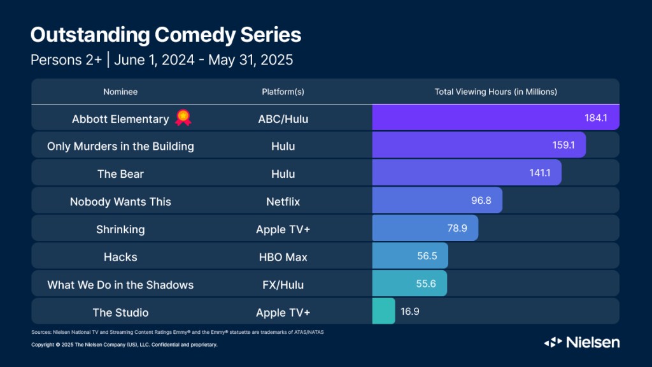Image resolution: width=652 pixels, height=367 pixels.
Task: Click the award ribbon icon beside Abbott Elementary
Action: pyautogui.click(x=183, y=118)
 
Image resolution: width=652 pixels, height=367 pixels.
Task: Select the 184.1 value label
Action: pyautogui.click(x=597, y=119)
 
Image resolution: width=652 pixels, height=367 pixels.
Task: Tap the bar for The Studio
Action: pyautogui.click(x=383, y=312)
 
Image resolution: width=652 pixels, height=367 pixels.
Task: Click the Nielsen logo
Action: pyautogui.click(x=581, y=342)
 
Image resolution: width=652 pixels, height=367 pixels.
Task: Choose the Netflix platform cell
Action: pyautogui.click(x=283, y=201)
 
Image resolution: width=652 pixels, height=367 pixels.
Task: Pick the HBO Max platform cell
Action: pyautogui.click(x=283, y=257)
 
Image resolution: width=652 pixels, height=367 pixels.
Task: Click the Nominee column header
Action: pyautogui.click(x=120, y=92)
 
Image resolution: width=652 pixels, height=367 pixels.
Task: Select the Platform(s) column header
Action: pyautogui.click(x=283, y=92)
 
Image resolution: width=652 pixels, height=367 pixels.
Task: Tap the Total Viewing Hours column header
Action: pyautogui.click(x=495, y=92)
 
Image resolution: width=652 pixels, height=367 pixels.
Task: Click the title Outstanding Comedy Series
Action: pyautogui.click(x=166, y=35)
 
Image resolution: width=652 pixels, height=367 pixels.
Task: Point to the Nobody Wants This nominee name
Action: pyautogui.click(x=120, y=201)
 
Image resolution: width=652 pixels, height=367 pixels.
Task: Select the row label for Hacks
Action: pyautogui.click(x=120, y=257)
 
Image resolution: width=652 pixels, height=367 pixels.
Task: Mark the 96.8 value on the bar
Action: pyautogui.click(x=481, y=201)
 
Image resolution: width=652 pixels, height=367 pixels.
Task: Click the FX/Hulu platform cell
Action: pyautogui.click(x=283, y=284)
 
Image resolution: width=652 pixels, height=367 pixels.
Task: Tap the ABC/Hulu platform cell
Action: pyautogui.click(x=283, y=119)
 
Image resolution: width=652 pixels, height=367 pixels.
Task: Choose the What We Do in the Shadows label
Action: pyautogui.click(x=120, y=284)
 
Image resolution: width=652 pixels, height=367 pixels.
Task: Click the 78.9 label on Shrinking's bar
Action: pyautogui.click(x=457, y=229)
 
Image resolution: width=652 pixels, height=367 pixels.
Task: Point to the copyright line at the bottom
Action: pyautogui.click(x=124, y=345)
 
